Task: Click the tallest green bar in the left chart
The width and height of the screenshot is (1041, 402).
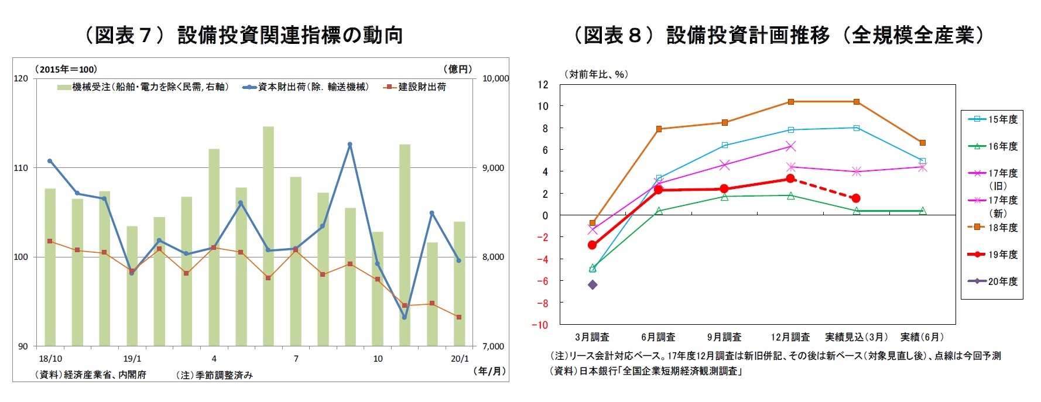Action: point(268,234)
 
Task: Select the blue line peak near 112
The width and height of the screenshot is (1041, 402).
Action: point(350,144)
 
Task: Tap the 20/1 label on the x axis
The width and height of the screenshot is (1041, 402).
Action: point(460,359)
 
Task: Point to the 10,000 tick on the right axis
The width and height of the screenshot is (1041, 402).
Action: point(495,78)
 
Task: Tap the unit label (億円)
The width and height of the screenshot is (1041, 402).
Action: point(460,69)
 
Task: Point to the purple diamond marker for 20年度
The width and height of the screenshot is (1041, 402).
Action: point(593,285)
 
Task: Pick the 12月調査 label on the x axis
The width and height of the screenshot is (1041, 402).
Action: point(790,337)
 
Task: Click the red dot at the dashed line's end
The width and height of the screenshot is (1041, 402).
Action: point(856,198)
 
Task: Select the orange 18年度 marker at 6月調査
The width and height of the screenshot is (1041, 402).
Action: point(659,129)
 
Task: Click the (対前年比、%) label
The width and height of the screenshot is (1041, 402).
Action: point(595,74)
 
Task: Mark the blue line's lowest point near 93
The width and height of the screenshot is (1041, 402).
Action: point(405,318)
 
